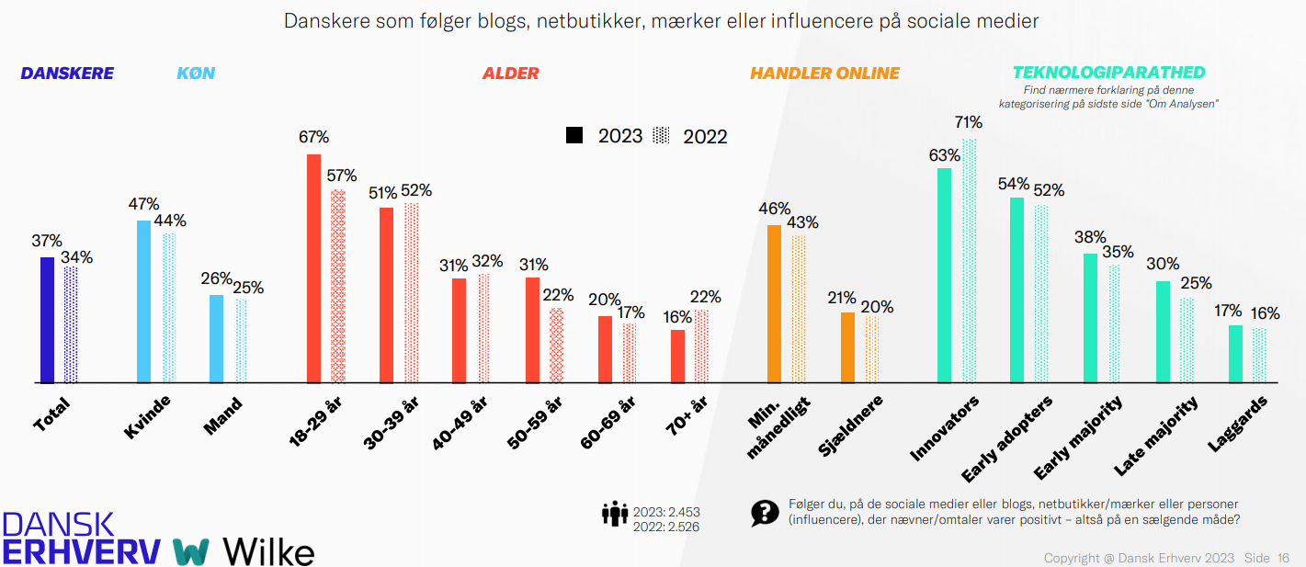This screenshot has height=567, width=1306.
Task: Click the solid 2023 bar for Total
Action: click(x=47, y=320)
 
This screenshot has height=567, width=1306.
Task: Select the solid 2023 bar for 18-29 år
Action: click(x=313, y=268)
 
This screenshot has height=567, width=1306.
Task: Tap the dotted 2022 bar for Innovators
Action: click(x=969, y=261)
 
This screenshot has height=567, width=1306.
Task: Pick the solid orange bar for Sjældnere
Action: click(x=847, y=348)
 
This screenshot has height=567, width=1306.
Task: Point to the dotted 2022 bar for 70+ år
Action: click(x=701, y=346)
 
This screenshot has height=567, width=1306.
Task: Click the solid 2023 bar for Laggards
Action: click(x=1235, y=355)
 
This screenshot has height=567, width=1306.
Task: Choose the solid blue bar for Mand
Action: click(x=216, y=339)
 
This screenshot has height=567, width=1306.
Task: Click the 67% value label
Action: click(x=313, y=137)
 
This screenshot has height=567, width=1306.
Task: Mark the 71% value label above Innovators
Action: click(x=969, y=122)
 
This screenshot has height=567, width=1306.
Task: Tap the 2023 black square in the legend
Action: click(x=574, y=135)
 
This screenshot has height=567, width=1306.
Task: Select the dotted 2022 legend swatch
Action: click(x=661, y=135)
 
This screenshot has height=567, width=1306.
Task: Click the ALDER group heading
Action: click(x=511, y=74)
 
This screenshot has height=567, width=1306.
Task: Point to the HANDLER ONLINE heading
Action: click(x=824, y=74)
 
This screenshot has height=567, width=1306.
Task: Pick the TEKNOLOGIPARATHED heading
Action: click(x=1108, y=73)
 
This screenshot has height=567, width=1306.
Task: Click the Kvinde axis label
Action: click(x=147, y=416)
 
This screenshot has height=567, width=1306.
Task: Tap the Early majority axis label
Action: click(x=1078, y=437)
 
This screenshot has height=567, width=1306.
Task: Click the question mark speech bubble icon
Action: click(x=765, y=514)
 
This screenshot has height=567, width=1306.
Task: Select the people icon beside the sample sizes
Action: click(x=615, y=514)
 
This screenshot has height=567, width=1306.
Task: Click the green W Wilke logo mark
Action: click(x=191, y=551)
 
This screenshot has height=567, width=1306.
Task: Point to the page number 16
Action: click(x=1283, y=558)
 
